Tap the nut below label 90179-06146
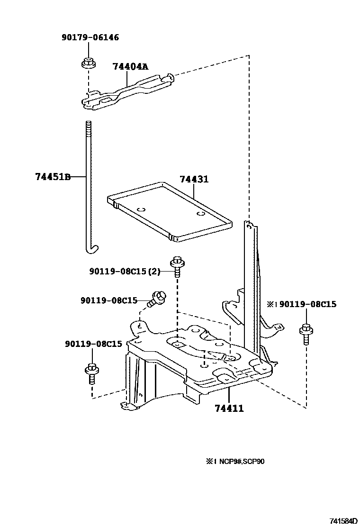[x=87, y=63]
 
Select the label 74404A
[x=130, y=66]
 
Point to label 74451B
[x=53, y=177]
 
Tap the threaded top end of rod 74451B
[x=88, y=127]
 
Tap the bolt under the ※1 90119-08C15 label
[x=306, y=335]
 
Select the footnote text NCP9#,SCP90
[x=241, y=461]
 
